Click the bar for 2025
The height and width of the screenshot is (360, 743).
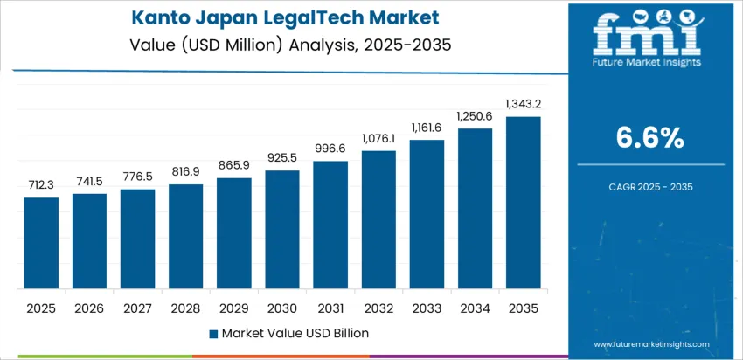(x=41, y=244)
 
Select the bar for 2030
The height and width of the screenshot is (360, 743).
(x=282, y=230)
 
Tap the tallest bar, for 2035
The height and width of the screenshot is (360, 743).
(x=524, y=203)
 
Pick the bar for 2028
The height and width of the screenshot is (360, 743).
(x=186, y=237)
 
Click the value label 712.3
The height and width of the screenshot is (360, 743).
(x=41, y=184)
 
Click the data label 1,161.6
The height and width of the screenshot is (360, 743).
(x=427, y=127)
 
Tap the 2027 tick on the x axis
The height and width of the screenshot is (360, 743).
(x=137, y=308)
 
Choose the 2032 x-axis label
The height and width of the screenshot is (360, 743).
(x=378, y=308)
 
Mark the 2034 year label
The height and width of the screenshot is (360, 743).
(x=476, y=308)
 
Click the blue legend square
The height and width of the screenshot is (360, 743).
(x=214, y=333)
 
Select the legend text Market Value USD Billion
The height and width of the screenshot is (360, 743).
(x=295, y=333)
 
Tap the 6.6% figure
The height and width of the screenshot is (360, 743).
(x=651, y=137)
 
